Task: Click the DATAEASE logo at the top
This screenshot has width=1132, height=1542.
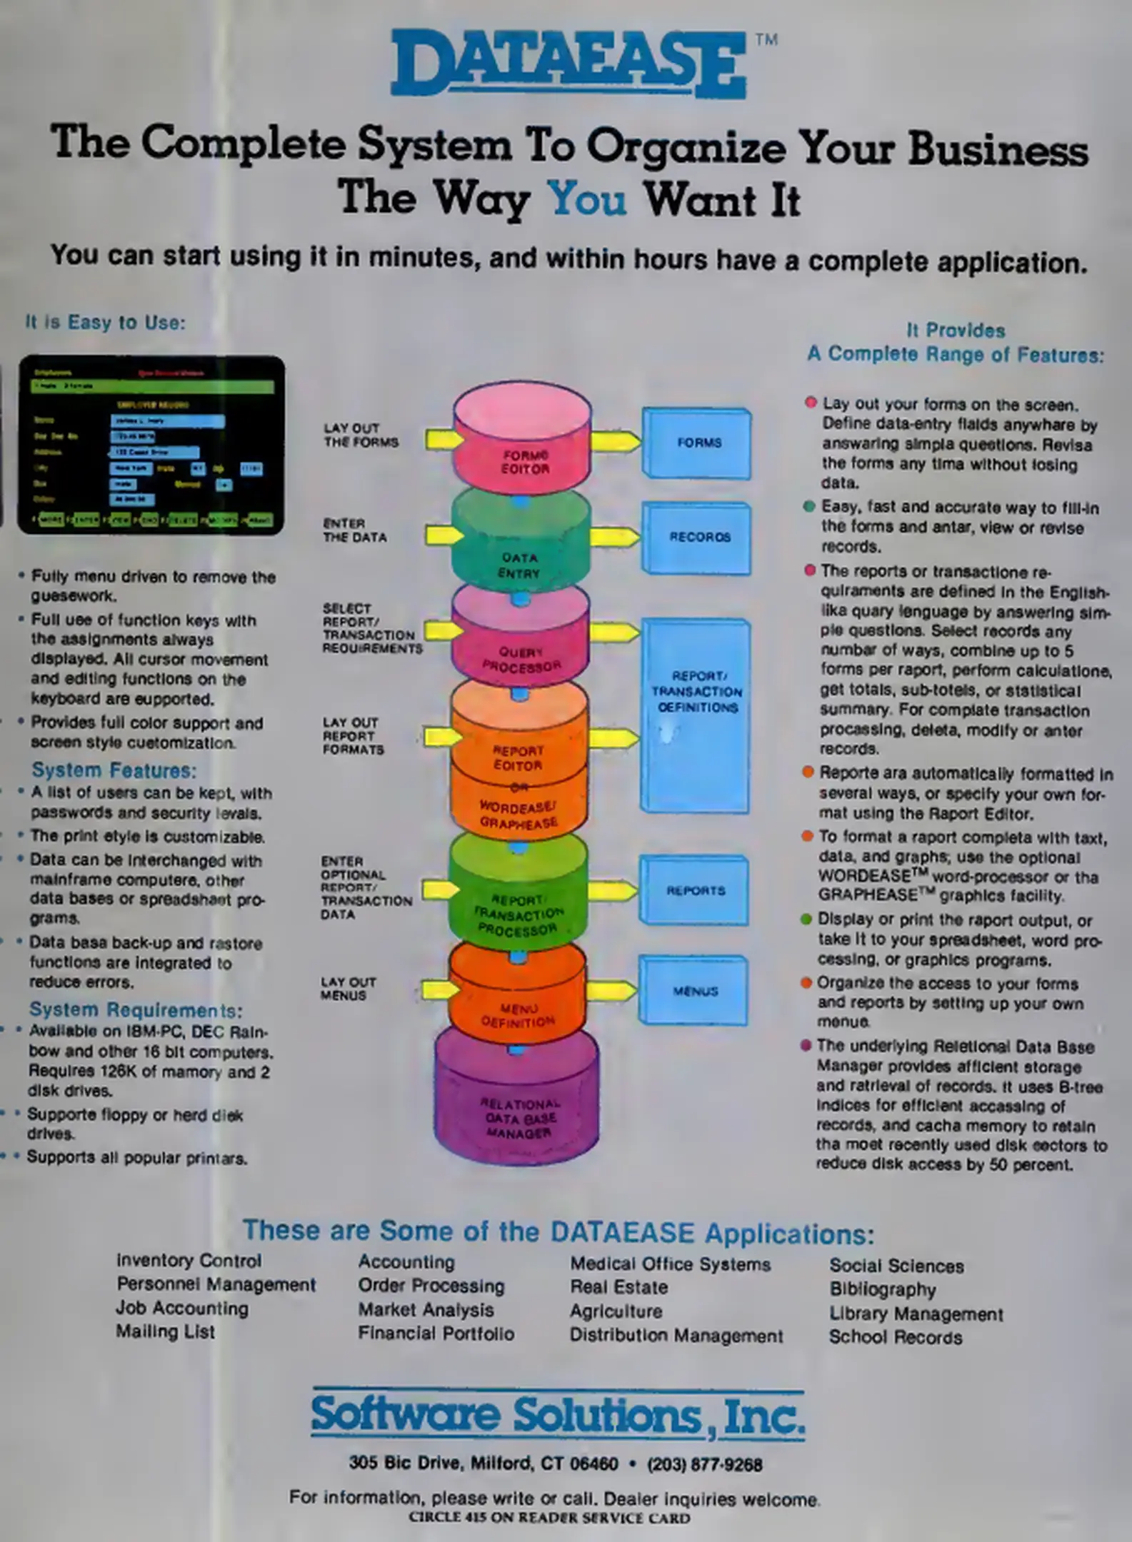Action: (x=568, y=64)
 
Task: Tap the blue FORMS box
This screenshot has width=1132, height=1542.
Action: (x=697, y=443)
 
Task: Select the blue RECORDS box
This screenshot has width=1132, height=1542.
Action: (x=697, y=538)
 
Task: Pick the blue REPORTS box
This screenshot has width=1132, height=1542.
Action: (x=694, y=890)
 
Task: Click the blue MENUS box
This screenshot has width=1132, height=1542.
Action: (x=693, y=991)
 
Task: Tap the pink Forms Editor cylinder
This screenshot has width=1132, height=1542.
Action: (x=523, y=443)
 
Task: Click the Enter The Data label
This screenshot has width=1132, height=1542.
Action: (x=354, y=530)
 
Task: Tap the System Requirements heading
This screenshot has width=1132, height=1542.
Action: (x=136, y=1010)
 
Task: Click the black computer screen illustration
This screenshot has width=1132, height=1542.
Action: (x=151, y=445)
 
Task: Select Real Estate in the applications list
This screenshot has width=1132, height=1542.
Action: (x=618, y=1287)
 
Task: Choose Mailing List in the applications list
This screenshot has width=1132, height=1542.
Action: (x=165, y=1332)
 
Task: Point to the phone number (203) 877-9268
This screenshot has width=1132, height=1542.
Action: (x=704, y=1465)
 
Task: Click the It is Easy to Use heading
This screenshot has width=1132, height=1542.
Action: (x=105, y=323)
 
